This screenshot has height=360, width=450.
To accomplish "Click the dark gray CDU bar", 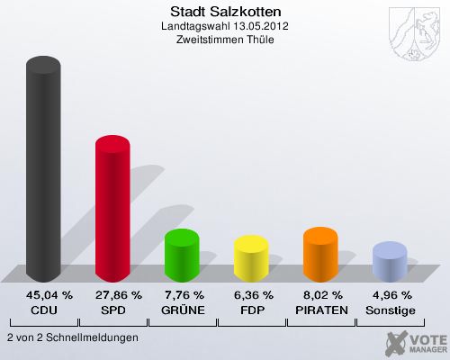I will [x=43, y=171].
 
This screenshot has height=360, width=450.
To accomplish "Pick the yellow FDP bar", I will [x=251, y=258].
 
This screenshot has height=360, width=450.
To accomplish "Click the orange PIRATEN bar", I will [x=320, y=254].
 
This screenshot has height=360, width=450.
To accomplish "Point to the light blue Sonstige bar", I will [x=390, y=263].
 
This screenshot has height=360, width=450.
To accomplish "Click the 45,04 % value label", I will [x=43, y=294].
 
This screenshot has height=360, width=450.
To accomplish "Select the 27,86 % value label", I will [x=112, y=294].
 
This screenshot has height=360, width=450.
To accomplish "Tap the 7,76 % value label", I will [x=182, y=294].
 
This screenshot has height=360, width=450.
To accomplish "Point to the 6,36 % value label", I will [x=251, y=294].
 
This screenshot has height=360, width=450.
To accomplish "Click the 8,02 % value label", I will [x=320, y=294].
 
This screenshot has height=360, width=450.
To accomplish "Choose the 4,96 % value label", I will [x=390, y=294].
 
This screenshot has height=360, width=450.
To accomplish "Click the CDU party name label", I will [x=43, y=310].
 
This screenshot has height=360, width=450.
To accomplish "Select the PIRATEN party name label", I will [x=320, y=310].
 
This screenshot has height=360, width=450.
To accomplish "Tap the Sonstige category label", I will [x=390, y=310].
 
